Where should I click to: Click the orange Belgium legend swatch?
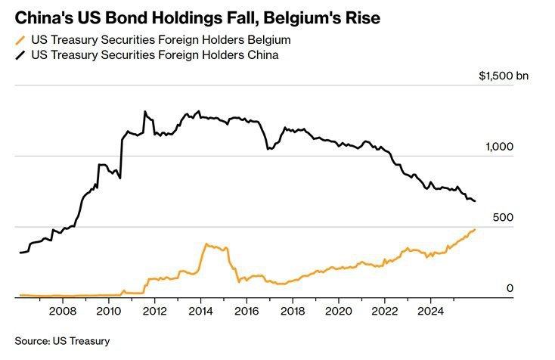click(20, 39)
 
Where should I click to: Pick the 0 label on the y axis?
click(510, 288)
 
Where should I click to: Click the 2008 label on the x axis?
click(62, 310)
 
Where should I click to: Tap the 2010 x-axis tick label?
click(108, 310)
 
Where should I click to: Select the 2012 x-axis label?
click(154, 310)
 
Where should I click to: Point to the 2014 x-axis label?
click(200, 310)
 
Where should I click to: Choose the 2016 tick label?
click(246, 310)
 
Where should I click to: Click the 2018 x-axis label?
click(293, 310)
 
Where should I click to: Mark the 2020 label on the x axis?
click(338, 310)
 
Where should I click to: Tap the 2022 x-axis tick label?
click(384, 310)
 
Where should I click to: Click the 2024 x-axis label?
click(430, 310)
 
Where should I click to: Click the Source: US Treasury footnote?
click(62, 341)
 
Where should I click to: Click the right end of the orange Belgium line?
click(475, 229)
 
